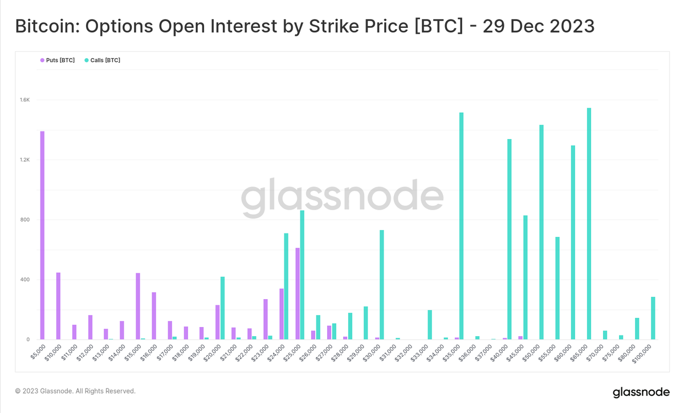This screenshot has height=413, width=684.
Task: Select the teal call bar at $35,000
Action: [x=461, y=226]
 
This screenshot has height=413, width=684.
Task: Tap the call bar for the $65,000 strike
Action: [x=589, y=224]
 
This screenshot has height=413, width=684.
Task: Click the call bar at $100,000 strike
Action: [x=653, y=318]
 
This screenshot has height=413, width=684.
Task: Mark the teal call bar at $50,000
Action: [x=541, y=232]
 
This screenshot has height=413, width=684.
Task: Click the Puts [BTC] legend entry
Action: [x=58, y=60]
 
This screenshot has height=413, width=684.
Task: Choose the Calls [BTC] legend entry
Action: [x=102, y=60]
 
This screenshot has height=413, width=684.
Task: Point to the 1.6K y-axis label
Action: [x=25, y=100]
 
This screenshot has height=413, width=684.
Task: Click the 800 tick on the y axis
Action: [x=25, y=220]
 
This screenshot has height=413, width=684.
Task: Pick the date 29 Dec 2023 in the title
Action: [x=538, y=26]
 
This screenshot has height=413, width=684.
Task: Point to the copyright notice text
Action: [x=75, y=391]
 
